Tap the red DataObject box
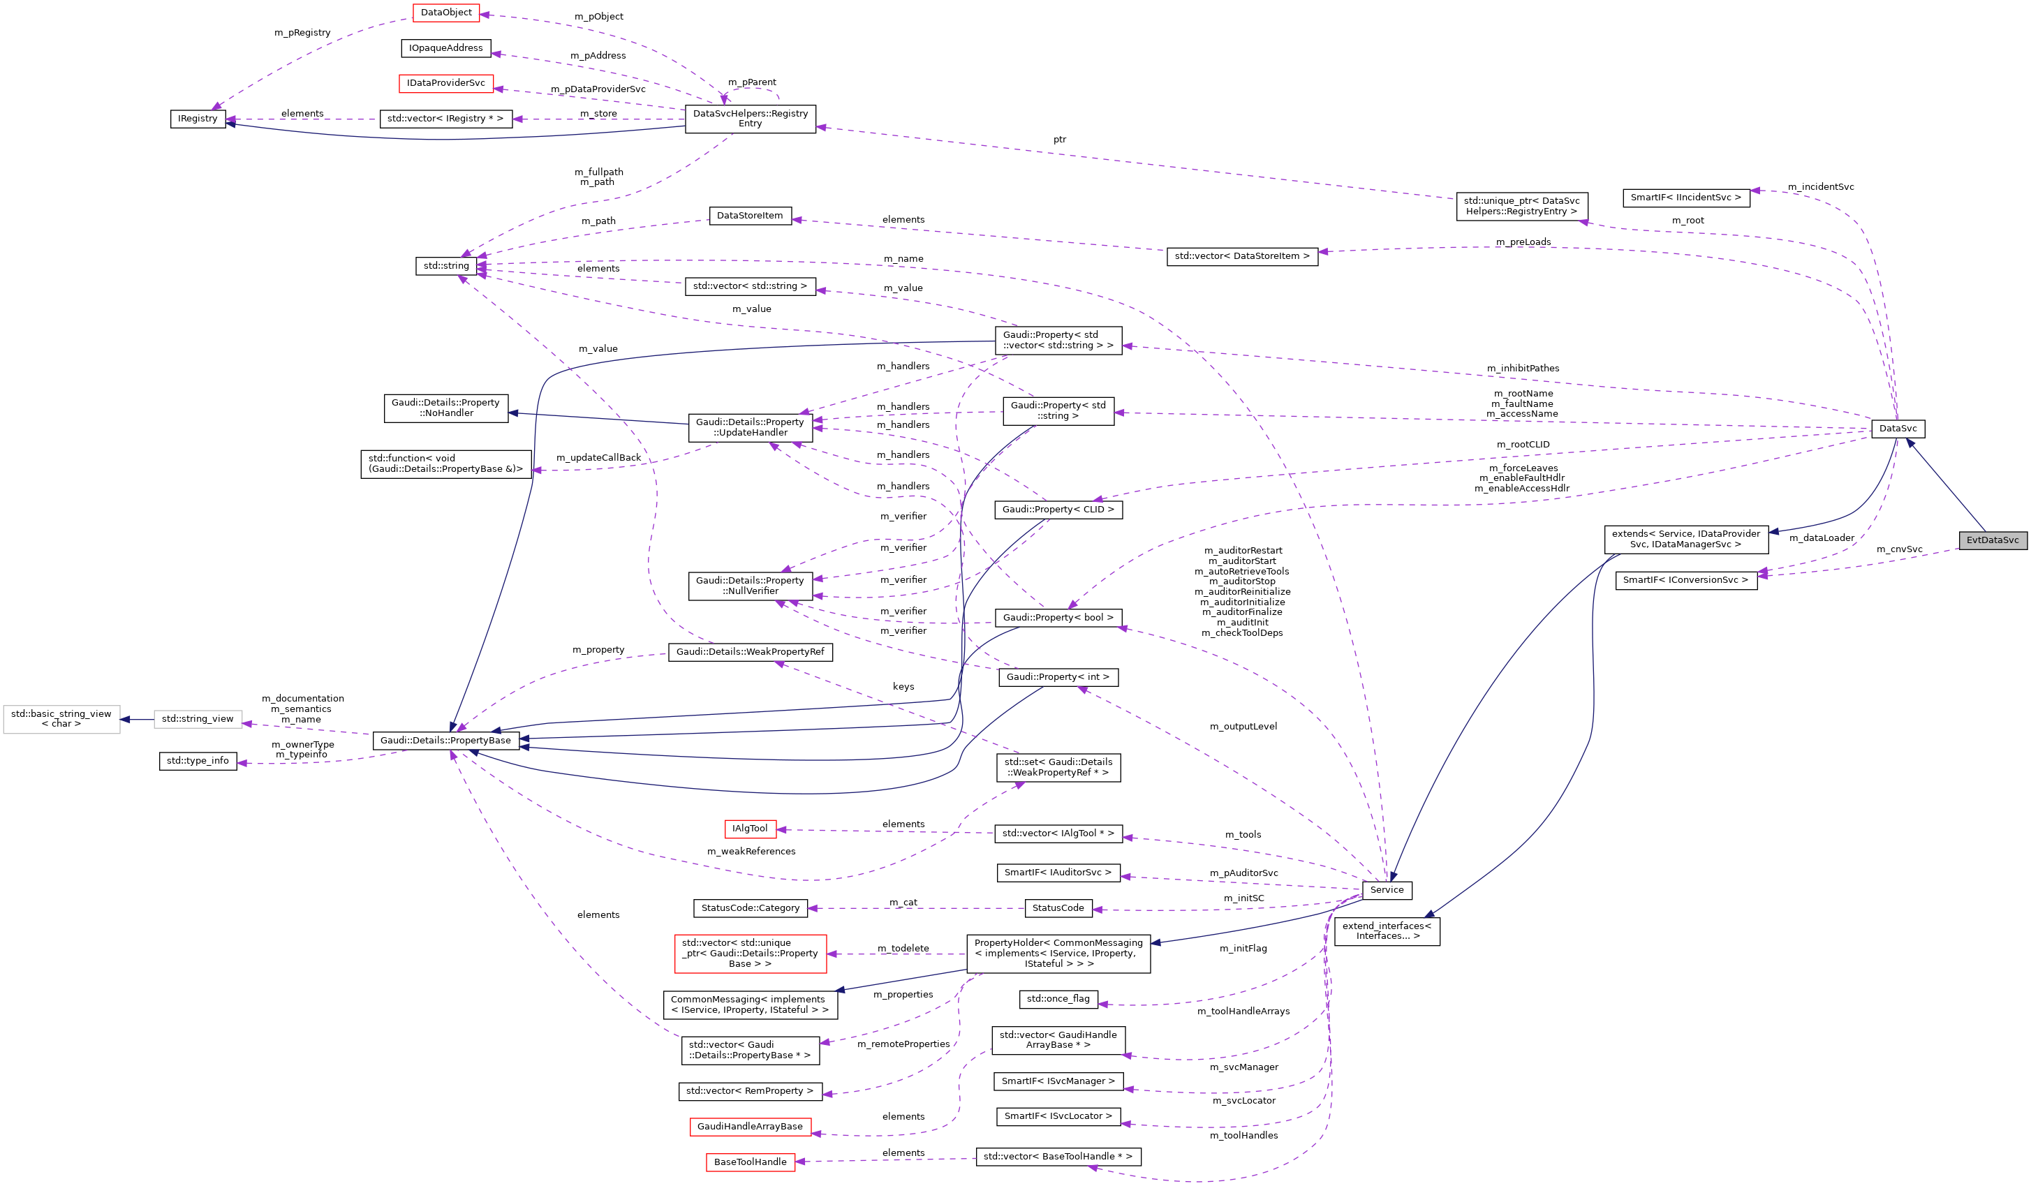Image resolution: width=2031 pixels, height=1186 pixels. [445, 13]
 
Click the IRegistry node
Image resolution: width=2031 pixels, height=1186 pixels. [198, 119]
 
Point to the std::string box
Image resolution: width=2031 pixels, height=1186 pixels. [445, 266]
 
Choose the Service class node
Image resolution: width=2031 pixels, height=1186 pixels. [1387, 889]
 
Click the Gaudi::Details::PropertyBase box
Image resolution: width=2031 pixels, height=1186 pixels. [445, 741]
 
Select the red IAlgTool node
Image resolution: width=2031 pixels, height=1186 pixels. [750, 829]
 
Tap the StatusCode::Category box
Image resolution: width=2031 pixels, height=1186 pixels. [750, 908]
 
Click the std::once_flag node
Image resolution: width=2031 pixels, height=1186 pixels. [1058, 999]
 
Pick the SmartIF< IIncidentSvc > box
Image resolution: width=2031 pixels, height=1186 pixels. [1685, 198]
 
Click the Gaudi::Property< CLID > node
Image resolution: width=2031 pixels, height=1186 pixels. [1058, 509]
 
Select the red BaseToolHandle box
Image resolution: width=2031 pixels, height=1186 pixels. [750, 1162]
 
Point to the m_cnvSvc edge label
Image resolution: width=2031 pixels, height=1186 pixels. [1899, 549]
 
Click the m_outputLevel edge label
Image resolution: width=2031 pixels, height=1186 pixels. [1243, 727]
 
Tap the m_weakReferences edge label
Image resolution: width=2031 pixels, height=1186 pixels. [751, 852]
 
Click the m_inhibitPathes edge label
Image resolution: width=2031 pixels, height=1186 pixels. [1523, 368]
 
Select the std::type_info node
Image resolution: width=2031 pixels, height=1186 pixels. [198, 761]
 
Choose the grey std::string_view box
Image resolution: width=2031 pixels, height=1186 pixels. [198, 719]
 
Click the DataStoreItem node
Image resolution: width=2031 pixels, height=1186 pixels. [750, 216]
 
